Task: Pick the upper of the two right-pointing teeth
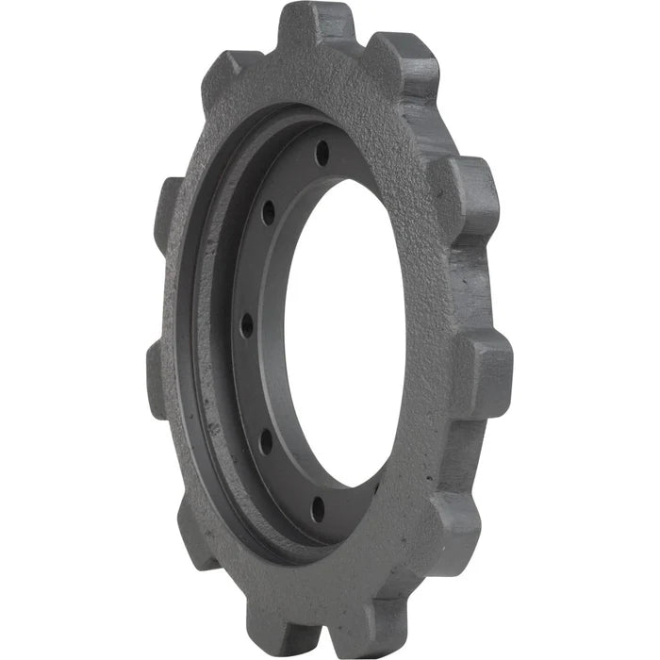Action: [x=471, y=193]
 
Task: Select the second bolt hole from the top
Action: [x=269, y=211]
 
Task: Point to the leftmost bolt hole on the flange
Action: [x=247, y=325]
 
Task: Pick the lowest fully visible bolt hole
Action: [x=318, y=509]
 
